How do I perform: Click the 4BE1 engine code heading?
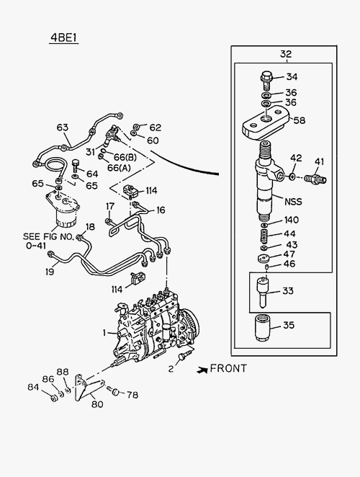[64, 37]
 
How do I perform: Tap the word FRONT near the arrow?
[228, 368]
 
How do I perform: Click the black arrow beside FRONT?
[202, 370]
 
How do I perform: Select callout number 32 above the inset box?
[286, 54]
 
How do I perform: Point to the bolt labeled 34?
[266, 80]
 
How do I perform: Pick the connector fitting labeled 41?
[315, 178]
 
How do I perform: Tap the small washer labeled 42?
[292, 176]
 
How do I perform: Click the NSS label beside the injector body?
[293, 201]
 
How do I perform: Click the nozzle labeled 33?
[262, 290]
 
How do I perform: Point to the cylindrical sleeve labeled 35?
[262, 329]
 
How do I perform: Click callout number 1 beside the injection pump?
[104, 333]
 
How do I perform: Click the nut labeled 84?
[54, 398]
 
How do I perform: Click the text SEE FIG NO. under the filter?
[48, 236]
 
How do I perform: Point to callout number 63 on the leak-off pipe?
[63, 128]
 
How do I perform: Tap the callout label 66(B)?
[125, 157]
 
